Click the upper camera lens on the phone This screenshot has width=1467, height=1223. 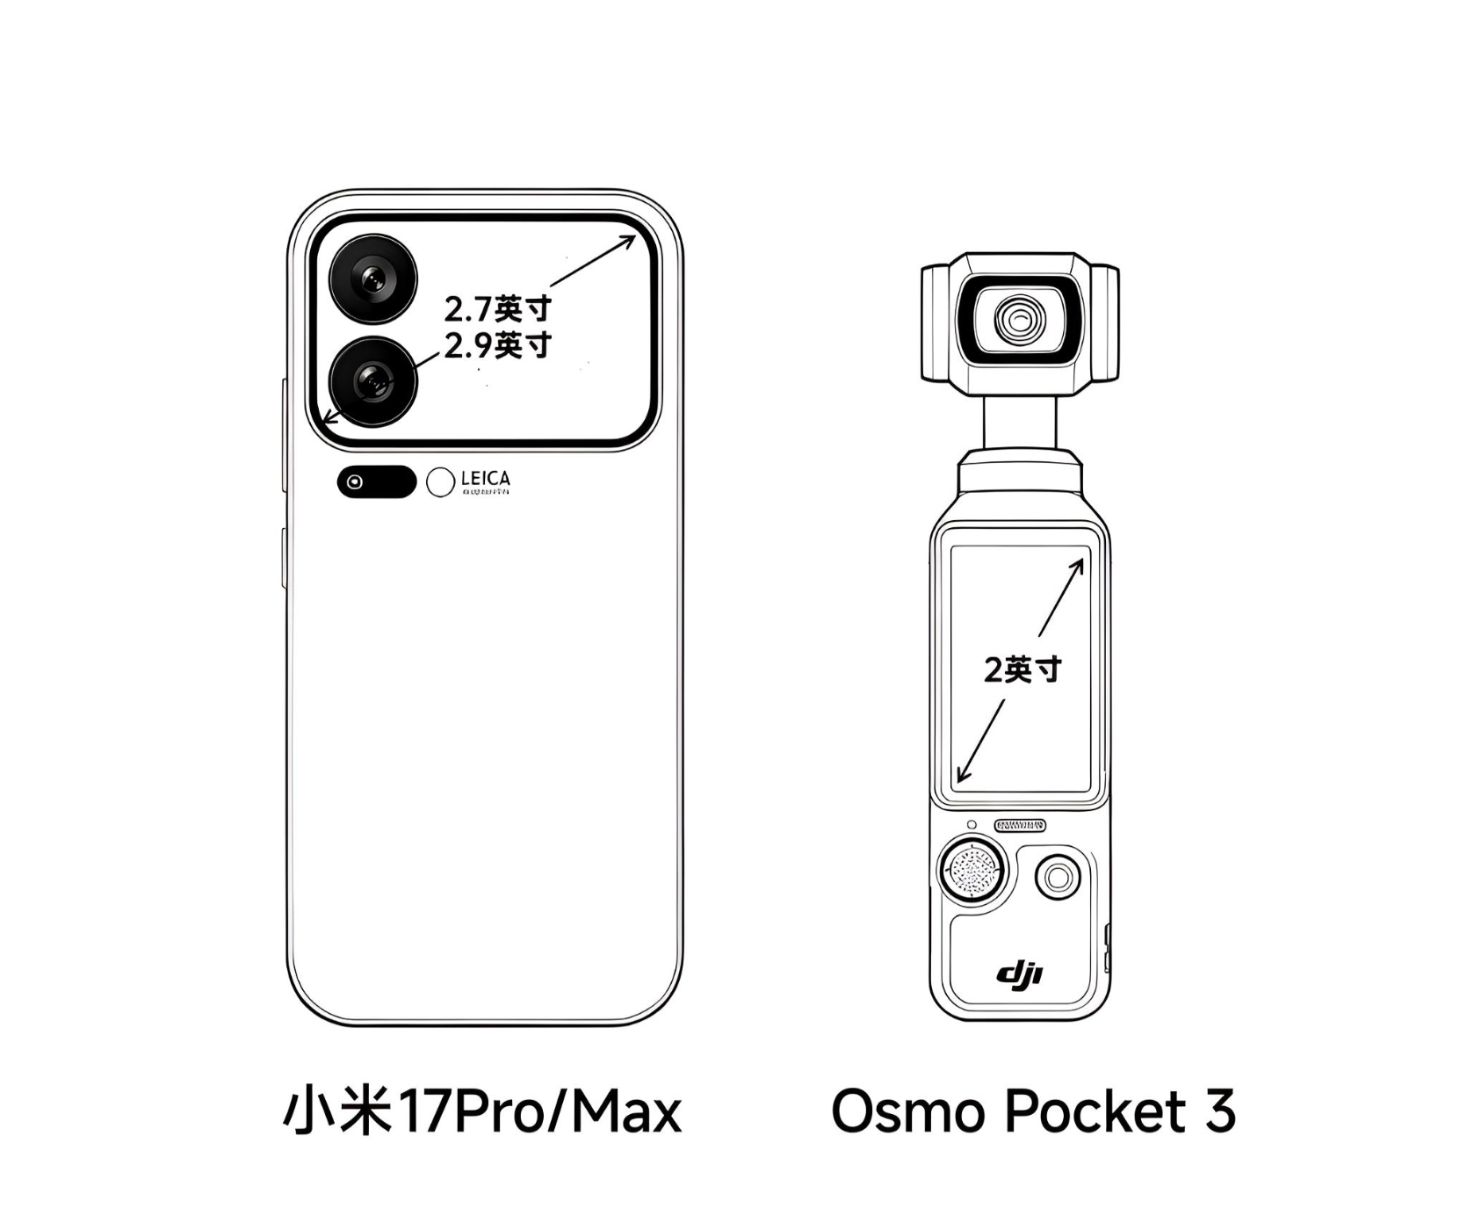[x=373, y=279]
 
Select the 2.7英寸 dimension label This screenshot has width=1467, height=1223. [x=497, y=309]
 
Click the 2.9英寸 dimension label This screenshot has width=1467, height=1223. [x=497, y=345]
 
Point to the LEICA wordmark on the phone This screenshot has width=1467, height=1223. [x=485, y=479]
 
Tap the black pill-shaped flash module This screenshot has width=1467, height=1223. [x=376, y=481]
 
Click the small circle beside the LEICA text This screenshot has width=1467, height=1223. [x=440, y=481]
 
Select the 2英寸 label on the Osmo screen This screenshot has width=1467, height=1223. [x=1022, y=669]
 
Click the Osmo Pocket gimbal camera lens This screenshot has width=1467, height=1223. [x=1020, y=319]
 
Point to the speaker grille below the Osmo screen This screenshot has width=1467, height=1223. [x=1020, y=825]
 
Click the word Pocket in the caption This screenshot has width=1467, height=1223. [x=1096, y=1111]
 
